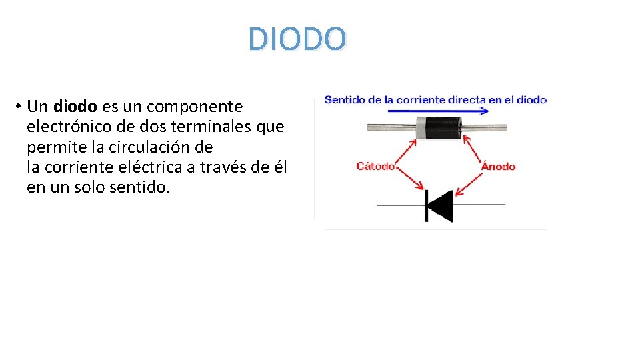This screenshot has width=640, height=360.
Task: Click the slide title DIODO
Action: coord(297,39)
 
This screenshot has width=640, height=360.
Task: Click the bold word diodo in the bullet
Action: coord(75,107)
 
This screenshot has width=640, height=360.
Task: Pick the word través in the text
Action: coord(227,167)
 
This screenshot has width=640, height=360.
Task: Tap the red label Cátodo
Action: coord(375,166)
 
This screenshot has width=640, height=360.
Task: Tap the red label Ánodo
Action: coord(499,166)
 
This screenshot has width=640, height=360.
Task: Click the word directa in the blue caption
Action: coord(466,100)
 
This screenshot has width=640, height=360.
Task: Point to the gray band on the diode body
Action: coord(421,127)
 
